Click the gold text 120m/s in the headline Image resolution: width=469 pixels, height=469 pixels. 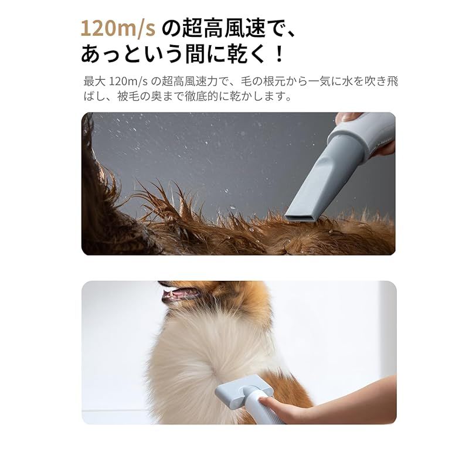(x=118, y=28)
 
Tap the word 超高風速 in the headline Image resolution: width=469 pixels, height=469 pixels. (x=221, y=28)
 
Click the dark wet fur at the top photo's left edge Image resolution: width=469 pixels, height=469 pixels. (x=97, y=193)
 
